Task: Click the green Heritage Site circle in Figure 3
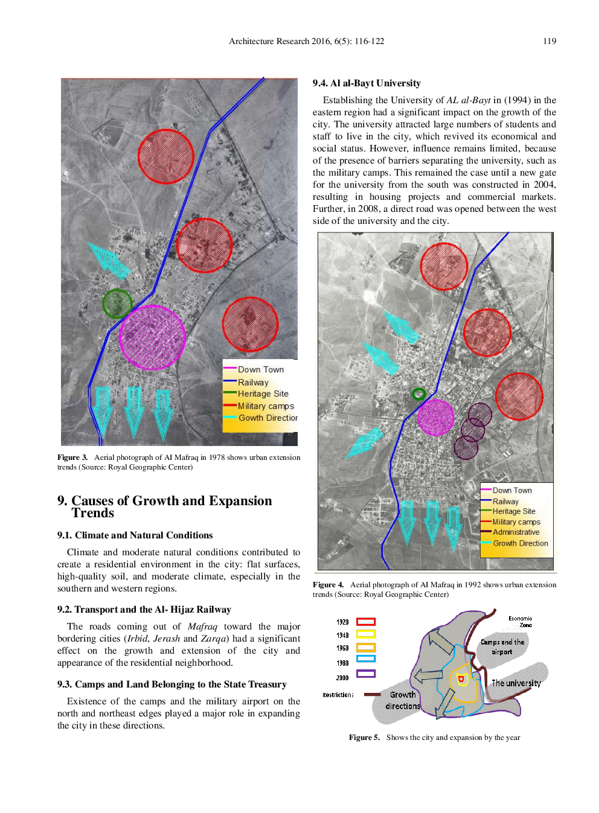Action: [117, 304]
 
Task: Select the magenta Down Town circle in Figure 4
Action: [435, 417]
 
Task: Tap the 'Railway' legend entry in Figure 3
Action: [253, 382]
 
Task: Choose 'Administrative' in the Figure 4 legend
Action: [516, 532]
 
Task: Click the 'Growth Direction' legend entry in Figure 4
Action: [520, 543]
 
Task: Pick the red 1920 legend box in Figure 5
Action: [366, 622]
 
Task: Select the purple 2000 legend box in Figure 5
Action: [366, 674]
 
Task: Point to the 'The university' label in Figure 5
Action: [516, 683]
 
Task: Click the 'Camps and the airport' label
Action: [502, 646]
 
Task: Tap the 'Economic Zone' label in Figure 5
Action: [521, 622]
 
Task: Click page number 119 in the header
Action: [549, 41]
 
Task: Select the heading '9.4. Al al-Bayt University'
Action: [367, 83]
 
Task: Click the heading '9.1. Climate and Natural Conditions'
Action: [135, 535]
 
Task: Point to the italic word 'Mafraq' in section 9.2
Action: [202, 626]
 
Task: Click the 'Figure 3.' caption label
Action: [72, 458]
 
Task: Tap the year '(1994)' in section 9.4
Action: [517, 100]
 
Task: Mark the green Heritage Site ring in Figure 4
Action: [418, 394]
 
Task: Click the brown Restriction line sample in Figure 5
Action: [372, 695]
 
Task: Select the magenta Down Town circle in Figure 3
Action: [152, 337]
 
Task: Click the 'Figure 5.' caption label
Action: [364, 738]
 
